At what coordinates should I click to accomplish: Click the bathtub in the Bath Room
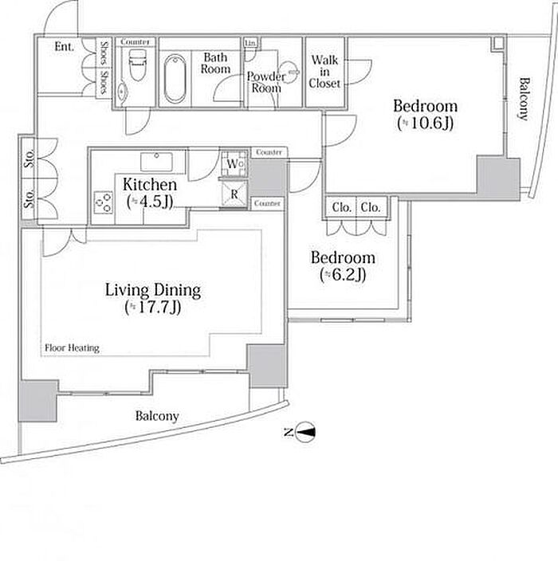[175, 78]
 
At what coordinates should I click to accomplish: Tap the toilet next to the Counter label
[137, 65]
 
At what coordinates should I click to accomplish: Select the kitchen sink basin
[156, 162]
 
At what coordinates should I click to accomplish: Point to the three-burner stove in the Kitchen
[104, 203]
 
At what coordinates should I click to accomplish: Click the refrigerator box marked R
[234, 194]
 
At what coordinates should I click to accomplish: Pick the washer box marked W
[234, 163]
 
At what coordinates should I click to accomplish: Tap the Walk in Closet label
[324, 72]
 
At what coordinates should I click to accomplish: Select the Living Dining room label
[153, 290]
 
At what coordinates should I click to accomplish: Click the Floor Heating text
[72, 347]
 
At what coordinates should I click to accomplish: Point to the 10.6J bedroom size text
[426, 124]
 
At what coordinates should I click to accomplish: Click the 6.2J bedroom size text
[343, 275]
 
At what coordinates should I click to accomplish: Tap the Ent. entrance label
[64, 46]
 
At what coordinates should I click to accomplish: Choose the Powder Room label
[266, 82]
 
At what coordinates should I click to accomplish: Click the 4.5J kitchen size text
[150, 202]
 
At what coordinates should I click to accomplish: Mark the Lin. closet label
[250, 43]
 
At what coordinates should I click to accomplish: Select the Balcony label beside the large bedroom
[523, 99]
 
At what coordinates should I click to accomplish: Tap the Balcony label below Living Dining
[157, 416]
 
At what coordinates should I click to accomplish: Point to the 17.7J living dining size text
[153, 308]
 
